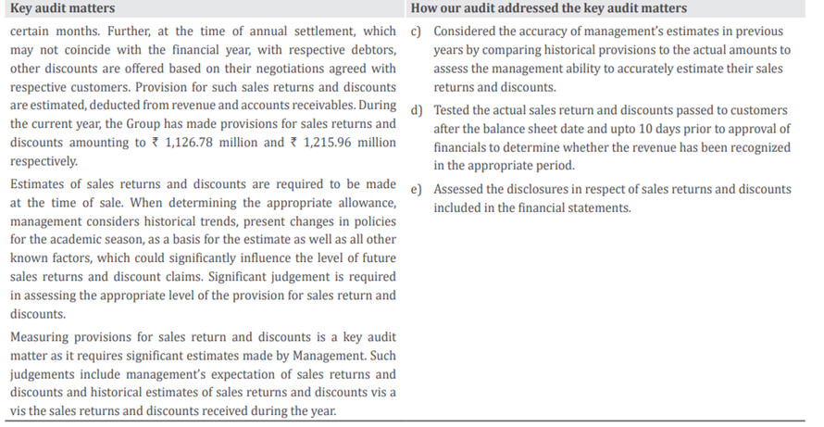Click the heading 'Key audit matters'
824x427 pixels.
coord(62,9)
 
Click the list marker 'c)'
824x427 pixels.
coord(416,31)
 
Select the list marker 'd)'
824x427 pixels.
coord(416,110)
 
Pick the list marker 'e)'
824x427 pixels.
coord(416,189)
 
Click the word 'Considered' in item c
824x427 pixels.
coord(469,31)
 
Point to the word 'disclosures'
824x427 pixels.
coord(544,189)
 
